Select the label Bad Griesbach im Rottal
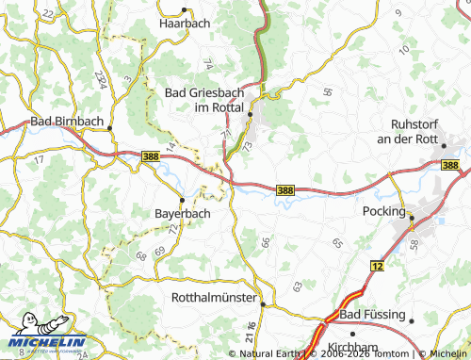[x=205, y=100]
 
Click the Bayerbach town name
[x=182, y=213]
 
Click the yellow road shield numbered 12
[x=379, y=267]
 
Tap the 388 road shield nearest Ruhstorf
[x=451, y=166]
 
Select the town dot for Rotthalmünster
[x=262, y=303]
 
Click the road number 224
[x=100, y=78]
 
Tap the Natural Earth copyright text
[x=270, y=353]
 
